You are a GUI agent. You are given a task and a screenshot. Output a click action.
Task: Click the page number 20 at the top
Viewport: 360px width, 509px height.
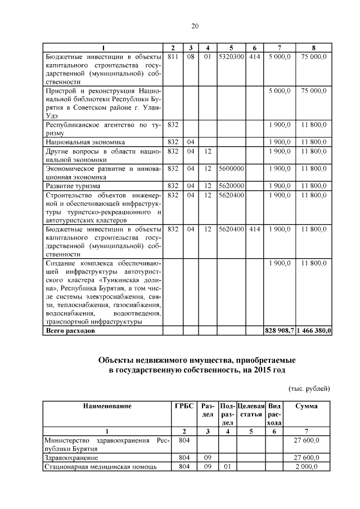click(195, 26)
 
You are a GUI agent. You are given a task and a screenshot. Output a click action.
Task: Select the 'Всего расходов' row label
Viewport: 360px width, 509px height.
click(70, 331)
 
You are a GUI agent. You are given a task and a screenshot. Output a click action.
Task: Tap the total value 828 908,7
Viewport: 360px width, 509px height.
click(279, 331)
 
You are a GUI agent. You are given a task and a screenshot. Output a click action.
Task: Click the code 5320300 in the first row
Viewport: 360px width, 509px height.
click(231, 57)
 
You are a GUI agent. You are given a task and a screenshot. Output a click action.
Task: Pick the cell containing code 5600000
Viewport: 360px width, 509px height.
click(231, 168)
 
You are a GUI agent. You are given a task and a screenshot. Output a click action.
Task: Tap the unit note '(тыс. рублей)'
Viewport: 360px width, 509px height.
click(309, 389)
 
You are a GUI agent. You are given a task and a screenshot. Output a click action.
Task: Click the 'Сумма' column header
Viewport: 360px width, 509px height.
click(307, 406)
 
